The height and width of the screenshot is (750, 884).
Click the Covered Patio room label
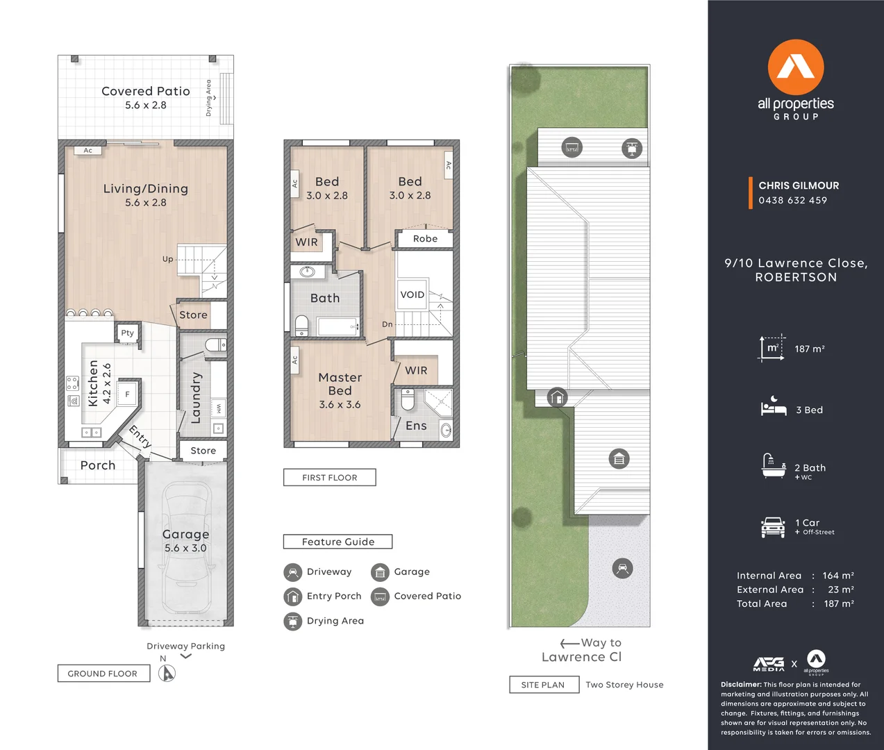pos(145,91)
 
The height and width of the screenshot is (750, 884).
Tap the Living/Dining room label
pos(145,189)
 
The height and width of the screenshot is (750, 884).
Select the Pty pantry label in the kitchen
pos(128,333)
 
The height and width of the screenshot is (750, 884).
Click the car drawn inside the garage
pos(186,545)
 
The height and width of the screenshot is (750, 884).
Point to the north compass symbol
pos(167,672)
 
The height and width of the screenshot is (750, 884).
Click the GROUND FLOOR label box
pos(103,674)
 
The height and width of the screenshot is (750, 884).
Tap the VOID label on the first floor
pos(412,294)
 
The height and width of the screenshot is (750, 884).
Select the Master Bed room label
pos(340,384)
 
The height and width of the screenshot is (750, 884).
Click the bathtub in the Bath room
pos(337,326)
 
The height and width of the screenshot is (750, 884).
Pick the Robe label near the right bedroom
pos(425,239)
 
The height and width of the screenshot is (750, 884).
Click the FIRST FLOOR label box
pos(330,478)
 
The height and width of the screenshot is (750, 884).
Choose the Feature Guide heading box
pos(338,542)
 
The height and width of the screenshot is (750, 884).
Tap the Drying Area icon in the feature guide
pos(292,621)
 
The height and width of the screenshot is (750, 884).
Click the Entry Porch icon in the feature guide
pos(292,597)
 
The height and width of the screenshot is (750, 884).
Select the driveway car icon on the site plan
pos(623,569)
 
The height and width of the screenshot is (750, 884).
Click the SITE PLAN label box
pos(543,685)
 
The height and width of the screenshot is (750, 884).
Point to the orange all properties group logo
pos(796,67)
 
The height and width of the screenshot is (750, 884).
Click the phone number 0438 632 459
pos(792,201)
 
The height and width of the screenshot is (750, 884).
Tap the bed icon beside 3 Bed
pos(773,407)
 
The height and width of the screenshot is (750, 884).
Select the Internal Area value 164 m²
pos(838,576)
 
